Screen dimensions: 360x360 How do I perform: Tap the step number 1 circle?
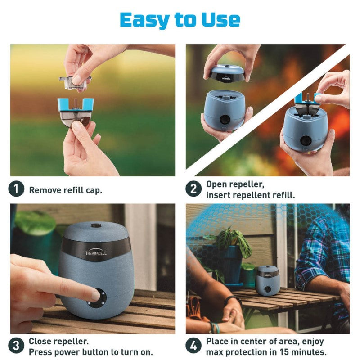coord(16,189)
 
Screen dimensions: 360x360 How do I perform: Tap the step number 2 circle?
coord(193,189)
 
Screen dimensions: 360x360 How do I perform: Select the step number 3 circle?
coord(16,346)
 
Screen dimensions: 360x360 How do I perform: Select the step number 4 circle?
coord(193,346)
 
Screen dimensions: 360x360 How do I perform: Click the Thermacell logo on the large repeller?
coord(96,253)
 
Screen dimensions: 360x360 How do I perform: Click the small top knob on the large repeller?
coord(95,225)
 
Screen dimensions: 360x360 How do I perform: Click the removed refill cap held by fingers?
coord(75,80)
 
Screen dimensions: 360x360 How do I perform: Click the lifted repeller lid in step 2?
coord(227,73)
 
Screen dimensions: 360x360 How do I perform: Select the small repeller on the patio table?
coord(267,280)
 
